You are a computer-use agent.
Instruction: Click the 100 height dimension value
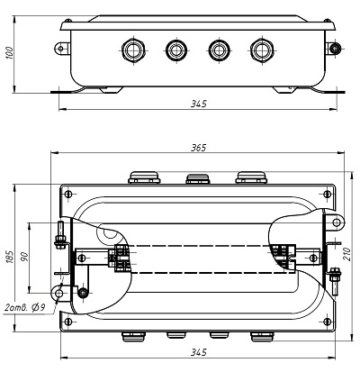10,52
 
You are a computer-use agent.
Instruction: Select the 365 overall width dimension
199,148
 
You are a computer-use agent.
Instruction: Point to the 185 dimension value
10,256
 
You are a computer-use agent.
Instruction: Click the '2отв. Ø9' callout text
25,307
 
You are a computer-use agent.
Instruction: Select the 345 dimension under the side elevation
199,104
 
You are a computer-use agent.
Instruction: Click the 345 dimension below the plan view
199,352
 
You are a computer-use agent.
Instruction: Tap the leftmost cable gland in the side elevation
134,50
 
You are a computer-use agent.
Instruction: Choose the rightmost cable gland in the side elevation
261,50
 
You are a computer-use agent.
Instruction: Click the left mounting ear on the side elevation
62,49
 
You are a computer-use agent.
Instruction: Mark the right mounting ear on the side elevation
334,48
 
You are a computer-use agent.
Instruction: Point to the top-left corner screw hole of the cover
68,194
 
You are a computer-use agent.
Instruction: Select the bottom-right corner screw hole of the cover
328,322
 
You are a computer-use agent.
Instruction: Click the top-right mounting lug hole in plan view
337,222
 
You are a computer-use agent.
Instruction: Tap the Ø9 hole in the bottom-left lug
58,293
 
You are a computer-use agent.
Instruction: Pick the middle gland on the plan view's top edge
198,178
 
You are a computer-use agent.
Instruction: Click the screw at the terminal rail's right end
313,258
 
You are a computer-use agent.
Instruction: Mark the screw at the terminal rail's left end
81,258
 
